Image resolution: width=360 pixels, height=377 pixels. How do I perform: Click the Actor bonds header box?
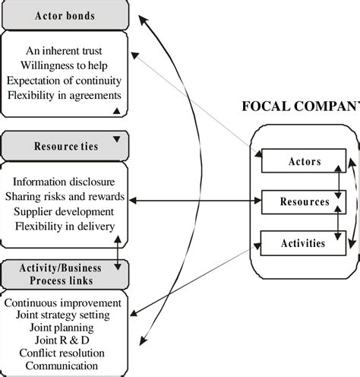(64, 14)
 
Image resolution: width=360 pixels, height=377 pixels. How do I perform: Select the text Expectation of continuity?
(64, 81)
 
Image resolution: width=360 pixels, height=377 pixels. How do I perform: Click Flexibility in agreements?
(64, 95)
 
